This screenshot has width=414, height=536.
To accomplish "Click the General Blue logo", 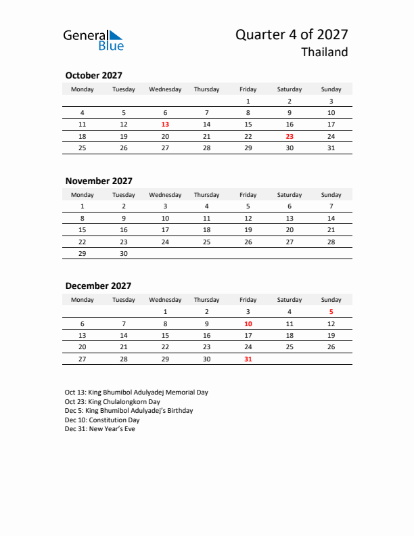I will (x=93, y=40).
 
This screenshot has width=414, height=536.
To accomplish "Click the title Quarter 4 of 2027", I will (x=292, y=35).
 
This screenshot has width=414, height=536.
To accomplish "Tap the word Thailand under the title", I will (x=325, y=53).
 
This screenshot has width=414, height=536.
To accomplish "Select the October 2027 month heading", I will (x=93, y=76).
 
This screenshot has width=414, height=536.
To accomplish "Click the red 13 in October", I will (x=165, y=125).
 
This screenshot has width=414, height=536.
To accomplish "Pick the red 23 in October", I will (x=290, y=136).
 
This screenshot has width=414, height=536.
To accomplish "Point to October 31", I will (x=331, y=148).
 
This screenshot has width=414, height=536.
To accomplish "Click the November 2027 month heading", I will (x=99, y=181).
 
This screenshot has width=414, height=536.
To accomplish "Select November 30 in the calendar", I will (x=124, y=252).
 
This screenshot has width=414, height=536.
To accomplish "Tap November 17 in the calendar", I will (x=165, y=229).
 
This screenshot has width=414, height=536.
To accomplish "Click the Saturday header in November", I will (x=290, y=195).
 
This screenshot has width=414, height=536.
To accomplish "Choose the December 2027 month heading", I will (x=98, y=286).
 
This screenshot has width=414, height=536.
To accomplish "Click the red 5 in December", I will (x=331, y=312).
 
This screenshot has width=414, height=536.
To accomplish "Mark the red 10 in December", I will (x=248, y=323).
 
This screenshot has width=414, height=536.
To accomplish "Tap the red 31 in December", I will (x=248, y=359).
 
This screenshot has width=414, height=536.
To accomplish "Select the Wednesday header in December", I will (x=165, y=300).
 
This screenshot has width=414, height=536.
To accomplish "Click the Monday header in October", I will (x=83, y=89).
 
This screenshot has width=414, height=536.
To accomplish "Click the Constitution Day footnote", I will (x=102, y=420).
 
